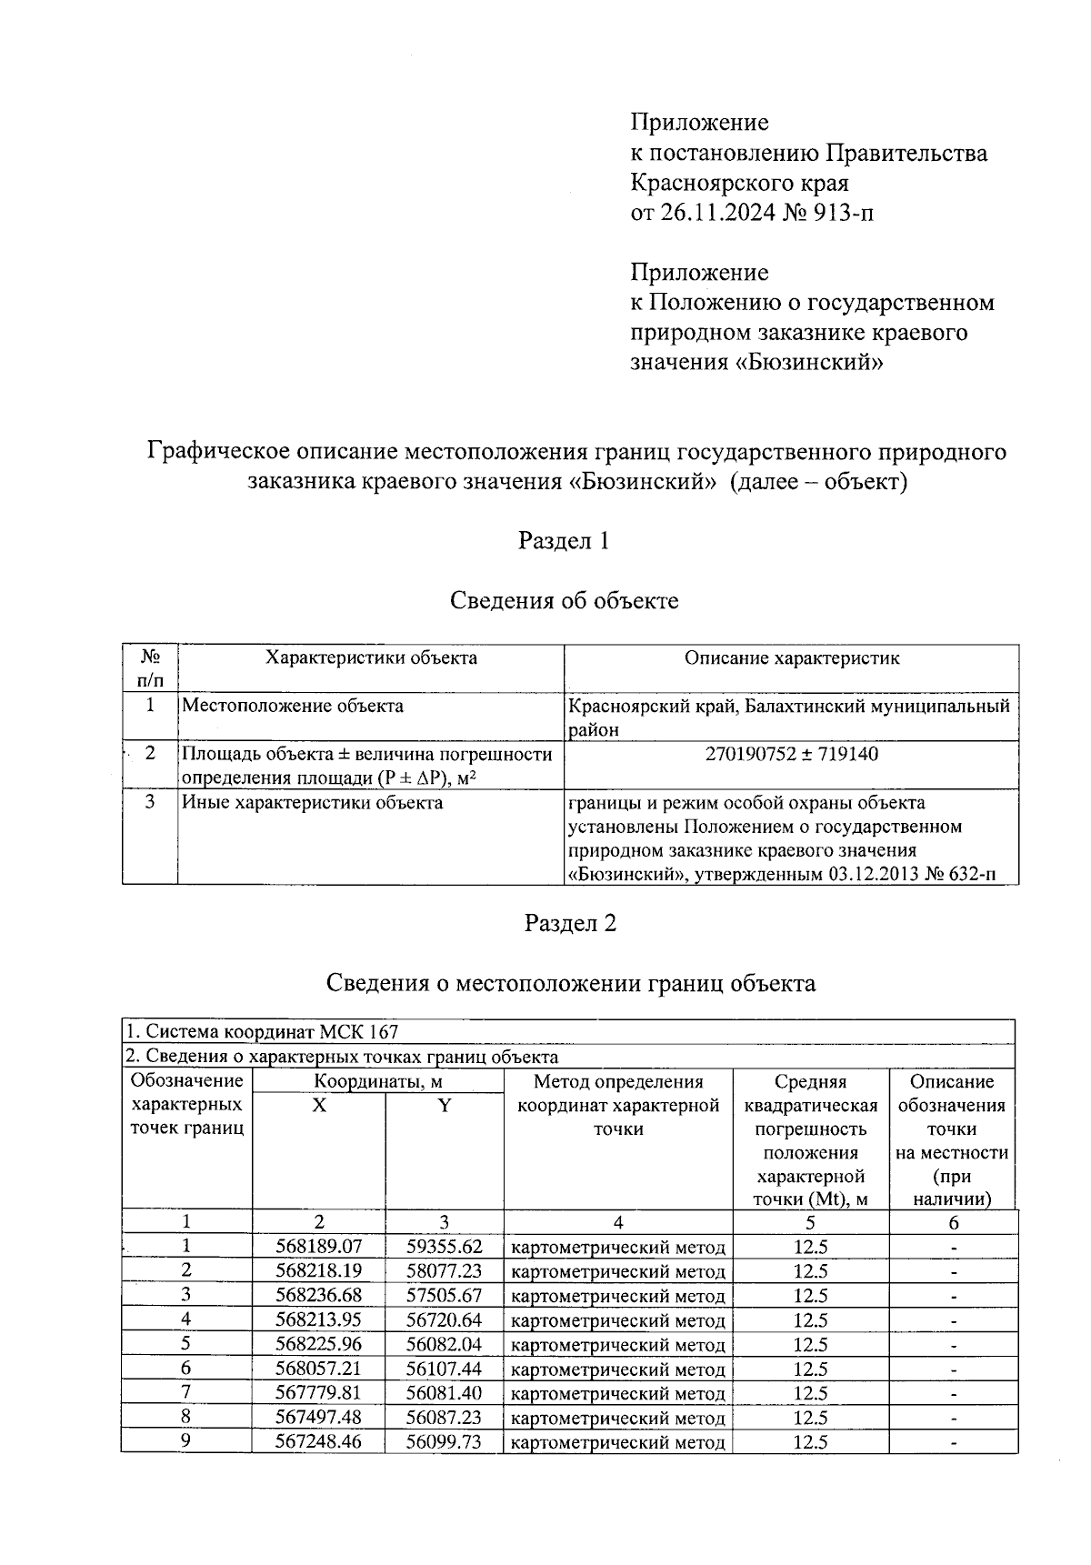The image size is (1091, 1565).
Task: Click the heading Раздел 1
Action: [x=563, y=541]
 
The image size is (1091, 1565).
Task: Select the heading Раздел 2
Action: [x=570, y=923]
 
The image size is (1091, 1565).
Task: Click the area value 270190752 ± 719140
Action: [x=791, y=754]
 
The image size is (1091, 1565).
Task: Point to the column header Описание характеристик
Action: [x=791, y=658]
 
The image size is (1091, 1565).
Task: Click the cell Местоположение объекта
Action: [x=293, y=706]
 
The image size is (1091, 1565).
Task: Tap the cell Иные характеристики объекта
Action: [x=313, y=802]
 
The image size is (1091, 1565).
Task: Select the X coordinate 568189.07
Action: [x=318, y=1247]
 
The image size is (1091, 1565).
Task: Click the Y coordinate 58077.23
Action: [x=444, y=1271]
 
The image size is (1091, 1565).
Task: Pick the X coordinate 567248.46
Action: [x=318, y=1442]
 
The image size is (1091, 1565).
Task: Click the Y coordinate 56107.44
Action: [x=444, y=1369]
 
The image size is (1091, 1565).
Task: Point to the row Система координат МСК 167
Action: [x=262, y=1031]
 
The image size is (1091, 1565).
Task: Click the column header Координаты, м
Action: [x=377, y=1081]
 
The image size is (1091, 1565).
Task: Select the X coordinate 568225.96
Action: [x=318, y=1344]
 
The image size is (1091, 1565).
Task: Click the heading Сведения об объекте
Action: [x=564, y=601]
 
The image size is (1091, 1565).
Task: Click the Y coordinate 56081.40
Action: [x=444, y=1393]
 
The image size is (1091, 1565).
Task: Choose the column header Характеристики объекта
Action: [x=370, y=658]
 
